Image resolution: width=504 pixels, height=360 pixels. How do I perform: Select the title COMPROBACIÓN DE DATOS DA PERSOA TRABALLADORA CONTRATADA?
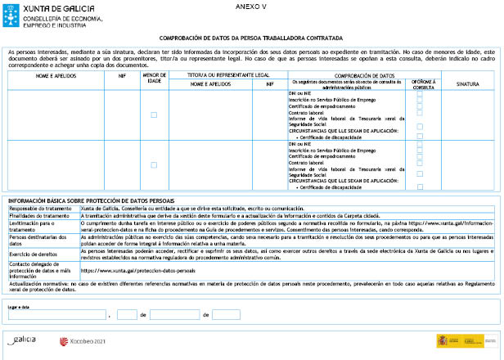coord(251,38)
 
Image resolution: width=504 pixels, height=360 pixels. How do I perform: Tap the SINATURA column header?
coord(467,83)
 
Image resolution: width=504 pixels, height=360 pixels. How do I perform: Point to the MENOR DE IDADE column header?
coord(154,79)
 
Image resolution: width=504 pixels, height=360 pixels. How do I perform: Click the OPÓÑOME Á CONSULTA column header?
coord(422,83)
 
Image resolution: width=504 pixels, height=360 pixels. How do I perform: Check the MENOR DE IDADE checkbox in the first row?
coord(154,115)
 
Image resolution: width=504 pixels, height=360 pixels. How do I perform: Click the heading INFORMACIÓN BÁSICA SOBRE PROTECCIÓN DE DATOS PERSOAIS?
coord(91,200)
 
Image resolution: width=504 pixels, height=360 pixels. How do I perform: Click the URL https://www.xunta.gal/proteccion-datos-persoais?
coord(138,270)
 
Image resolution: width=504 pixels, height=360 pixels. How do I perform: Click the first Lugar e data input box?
coord(57,314)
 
